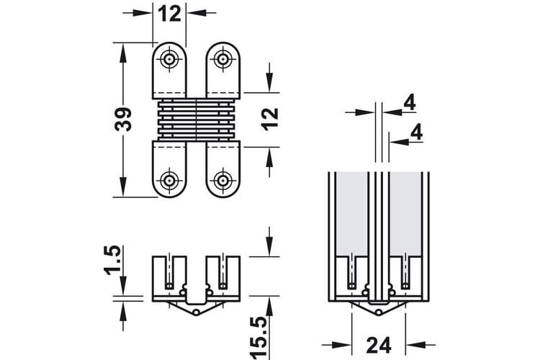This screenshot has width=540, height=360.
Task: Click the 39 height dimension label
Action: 123,120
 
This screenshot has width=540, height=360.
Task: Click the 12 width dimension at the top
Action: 169,14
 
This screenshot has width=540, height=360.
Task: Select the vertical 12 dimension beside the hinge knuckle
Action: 270,119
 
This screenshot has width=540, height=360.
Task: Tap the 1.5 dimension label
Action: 113,260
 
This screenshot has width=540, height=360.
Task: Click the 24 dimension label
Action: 379,345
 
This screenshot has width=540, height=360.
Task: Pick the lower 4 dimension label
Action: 417,132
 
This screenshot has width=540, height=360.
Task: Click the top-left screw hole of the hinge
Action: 169,59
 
